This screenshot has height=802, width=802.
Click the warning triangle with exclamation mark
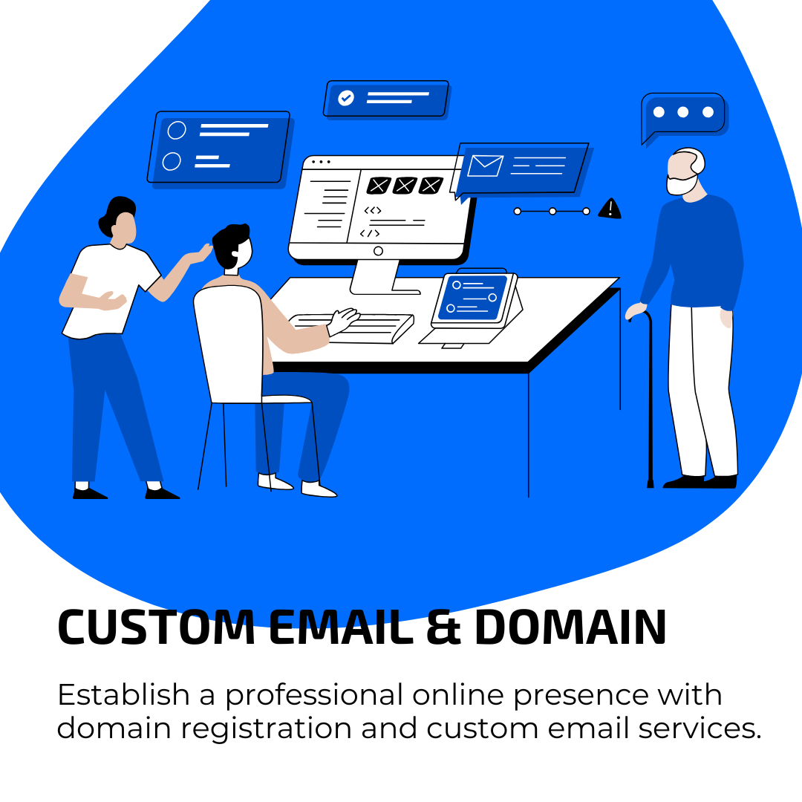tap(610, 209)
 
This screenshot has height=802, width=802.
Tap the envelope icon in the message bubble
tap(485, 166)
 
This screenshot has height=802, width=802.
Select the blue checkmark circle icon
tap(346, 98)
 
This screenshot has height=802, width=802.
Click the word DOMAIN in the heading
tap(570, 627)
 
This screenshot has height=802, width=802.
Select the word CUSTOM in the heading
tap(156, 627)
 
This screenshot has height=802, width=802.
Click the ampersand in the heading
tap(443, 627)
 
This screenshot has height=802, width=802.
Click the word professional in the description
tap(314, 697)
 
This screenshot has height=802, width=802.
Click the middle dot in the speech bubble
tap(683, 112)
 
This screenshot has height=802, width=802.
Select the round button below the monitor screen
tap(378, 251)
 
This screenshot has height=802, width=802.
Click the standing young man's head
tap(120, 218)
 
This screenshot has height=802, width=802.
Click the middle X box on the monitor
tap(405, 185)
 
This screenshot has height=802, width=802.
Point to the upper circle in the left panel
tap(177, 130)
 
